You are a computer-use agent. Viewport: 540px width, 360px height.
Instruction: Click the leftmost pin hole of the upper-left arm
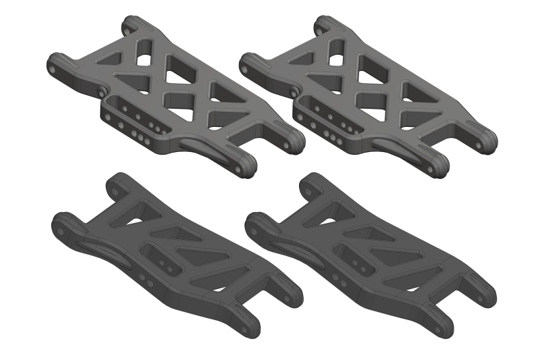51,63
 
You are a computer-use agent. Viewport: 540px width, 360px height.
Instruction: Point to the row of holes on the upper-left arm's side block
138,122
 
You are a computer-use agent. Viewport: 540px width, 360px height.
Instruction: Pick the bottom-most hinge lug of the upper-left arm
246,166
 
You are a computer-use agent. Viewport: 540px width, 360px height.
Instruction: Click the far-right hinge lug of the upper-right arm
489,139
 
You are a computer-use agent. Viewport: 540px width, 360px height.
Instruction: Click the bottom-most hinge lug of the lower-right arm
446,328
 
